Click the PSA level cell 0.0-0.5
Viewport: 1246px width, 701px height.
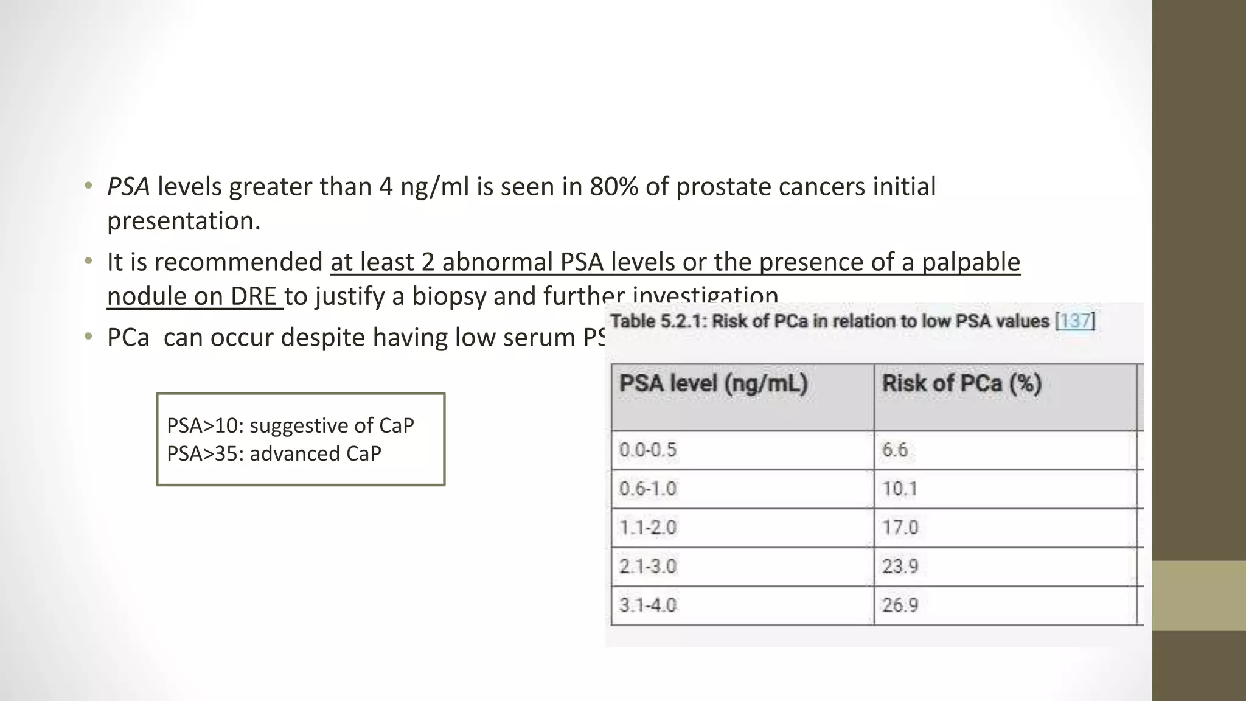coord(648,450)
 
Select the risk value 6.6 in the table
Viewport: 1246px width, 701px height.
coord(895,450)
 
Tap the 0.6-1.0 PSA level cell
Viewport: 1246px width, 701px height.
coord(648,489)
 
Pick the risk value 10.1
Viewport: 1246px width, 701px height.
coord(900,489)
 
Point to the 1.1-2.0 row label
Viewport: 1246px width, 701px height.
coord(648,528)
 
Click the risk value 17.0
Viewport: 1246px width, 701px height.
coord(900,528)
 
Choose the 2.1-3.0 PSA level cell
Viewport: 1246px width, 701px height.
coord(648,567)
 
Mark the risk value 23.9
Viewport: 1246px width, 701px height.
coord(900,567)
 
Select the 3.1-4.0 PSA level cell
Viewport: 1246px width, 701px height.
coord(648,605)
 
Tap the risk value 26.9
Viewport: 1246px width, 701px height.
coord(900,605)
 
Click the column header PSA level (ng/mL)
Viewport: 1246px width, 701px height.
coord(714,384)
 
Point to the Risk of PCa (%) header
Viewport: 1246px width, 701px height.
coord(962,384)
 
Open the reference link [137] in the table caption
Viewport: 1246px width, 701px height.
coord(1075,321)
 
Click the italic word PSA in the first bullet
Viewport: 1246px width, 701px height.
coord(128,187)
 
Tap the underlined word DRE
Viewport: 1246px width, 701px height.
coord(254,296)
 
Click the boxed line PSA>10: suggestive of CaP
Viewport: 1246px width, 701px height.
coord(290,425)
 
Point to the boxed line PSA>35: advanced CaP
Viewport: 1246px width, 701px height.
coord(274,454)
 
